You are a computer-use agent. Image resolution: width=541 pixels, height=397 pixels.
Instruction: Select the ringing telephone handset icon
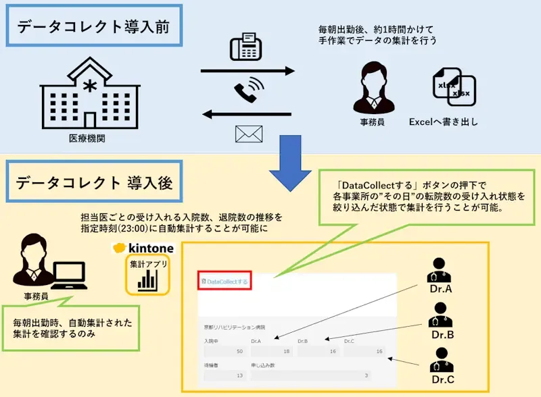pyautogui.click(x=248, y=91)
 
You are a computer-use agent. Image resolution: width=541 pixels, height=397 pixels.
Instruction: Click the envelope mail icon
pyautogui.click(x=248, y=133)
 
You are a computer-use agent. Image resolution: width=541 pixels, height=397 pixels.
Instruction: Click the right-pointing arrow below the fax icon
pyautogui.click(x=248, y=71)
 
